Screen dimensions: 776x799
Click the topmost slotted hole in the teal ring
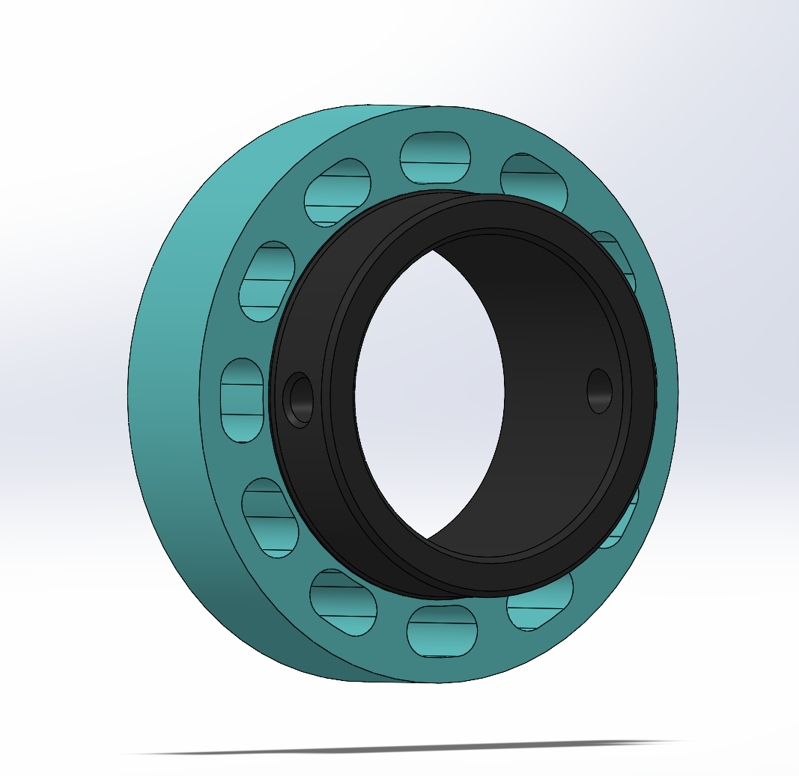pos(435,158)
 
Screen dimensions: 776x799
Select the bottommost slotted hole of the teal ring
pos(442,631)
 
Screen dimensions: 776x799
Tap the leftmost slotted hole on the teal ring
pos(242,400)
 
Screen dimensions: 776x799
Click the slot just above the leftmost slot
pos(267,281)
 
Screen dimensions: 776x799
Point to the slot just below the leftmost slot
pos(269,516)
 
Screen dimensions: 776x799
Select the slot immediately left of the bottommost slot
pos(342,602)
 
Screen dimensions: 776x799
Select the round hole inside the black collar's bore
pos(599,391)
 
